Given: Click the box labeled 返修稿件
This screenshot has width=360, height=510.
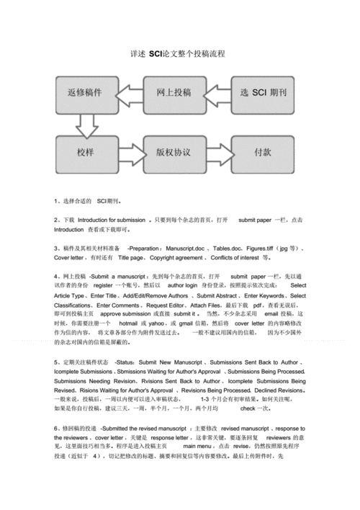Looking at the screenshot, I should pyautogui.click(x=84, y=94).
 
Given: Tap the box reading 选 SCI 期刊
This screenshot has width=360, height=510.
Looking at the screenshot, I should pyautogui.click(x=262, y=94).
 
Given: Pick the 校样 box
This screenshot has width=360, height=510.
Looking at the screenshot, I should pyautogui.click(x=84, y=152).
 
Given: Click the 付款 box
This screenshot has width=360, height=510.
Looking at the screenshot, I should pyautogui.click(x=262, y=152).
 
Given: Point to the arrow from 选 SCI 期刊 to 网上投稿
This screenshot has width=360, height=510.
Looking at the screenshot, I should pyautogui.click(x=218, y=94).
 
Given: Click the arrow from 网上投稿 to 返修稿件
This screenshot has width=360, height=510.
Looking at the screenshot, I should pyautogui.click(x=129, y=94).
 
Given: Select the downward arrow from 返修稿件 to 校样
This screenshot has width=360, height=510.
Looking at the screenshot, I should pyautogui.click(x=87, y=124).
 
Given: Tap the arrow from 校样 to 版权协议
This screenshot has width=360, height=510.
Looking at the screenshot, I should pyautogui.click(x=129, y=152).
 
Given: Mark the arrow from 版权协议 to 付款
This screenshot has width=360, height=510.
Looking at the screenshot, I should pyautogui.click(x=218, y=152).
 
